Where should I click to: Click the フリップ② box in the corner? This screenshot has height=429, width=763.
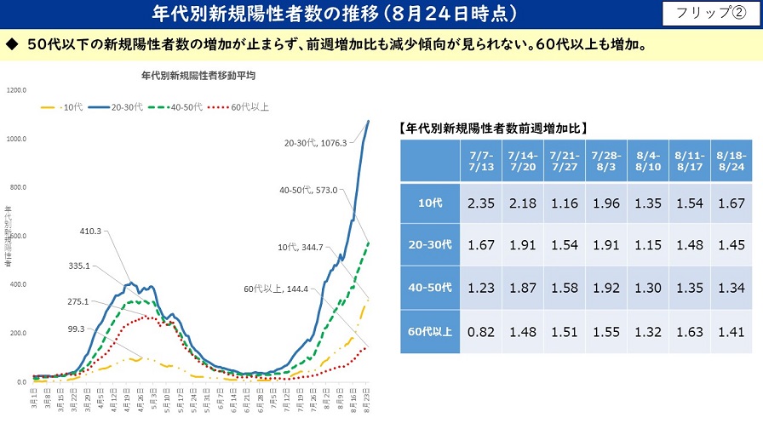(707, 14)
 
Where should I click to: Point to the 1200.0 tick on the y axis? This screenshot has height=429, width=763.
(17, 89)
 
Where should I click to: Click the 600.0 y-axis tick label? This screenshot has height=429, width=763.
(17, 236)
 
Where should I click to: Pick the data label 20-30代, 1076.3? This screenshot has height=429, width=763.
(315, 144)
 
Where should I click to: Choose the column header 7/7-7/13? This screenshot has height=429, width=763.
(481, 162)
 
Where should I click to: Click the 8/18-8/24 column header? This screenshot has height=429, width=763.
(730, 162)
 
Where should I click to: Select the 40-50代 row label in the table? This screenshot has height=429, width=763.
(431, 288)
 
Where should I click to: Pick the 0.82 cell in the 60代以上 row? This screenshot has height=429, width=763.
(481, 332)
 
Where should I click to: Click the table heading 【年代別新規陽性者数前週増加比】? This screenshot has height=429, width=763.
(493, 129)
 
